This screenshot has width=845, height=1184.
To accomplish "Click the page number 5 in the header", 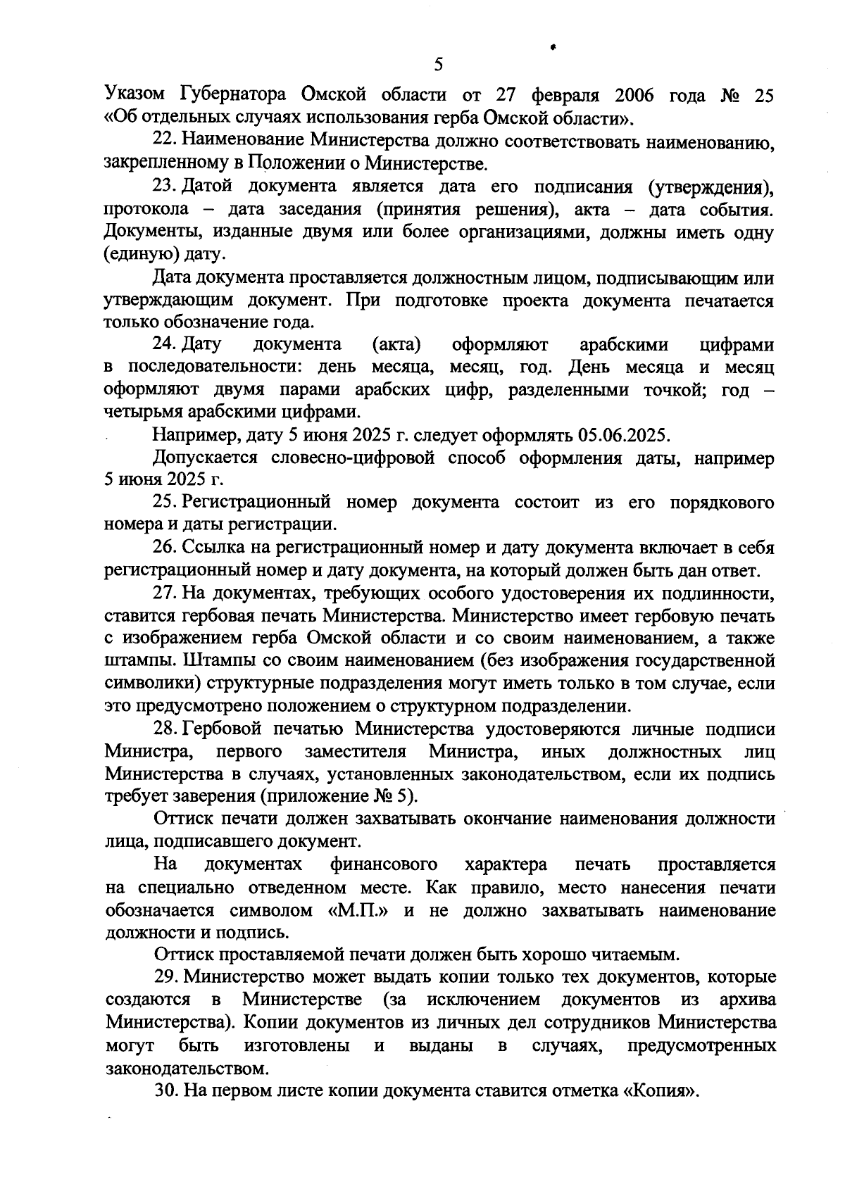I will [438, 65].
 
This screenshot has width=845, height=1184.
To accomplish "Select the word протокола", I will [146, 209].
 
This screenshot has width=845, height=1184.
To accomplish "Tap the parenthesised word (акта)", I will [396, 345].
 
